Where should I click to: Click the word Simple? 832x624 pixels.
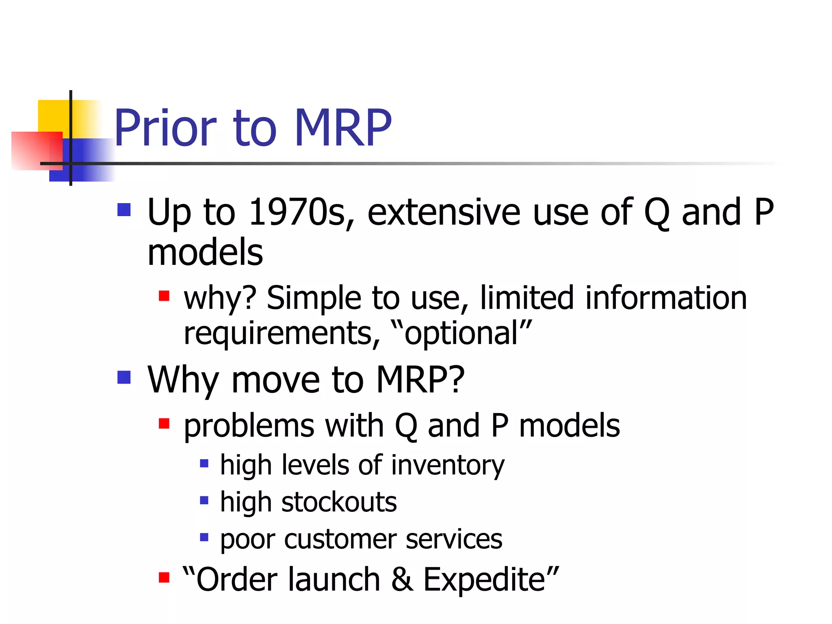(313, 298)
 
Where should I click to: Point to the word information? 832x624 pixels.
(666, 298)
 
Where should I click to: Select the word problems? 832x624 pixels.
(249, 426)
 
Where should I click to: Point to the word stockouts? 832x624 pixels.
(339, 502)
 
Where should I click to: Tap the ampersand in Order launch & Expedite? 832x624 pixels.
(402, 579)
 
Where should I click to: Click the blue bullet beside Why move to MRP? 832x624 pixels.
(124, 377)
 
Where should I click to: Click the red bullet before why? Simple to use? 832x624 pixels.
(164, 295)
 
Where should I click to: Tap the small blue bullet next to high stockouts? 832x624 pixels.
(204, 500)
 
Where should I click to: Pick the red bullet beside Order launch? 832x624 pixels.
(164, 577)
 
